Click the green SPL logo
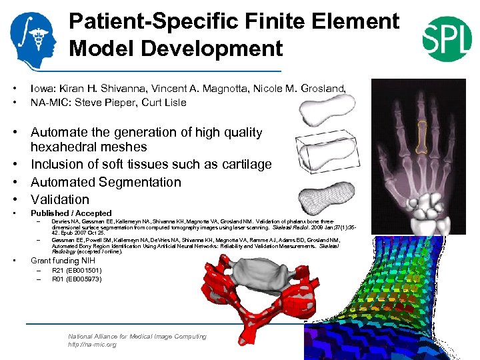click(x=447, y=37)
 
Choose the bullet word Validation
click(x=59, y=199)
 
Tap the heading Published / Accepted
click(x=71, y=213)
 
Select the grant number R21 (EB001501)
click(x=77, y=271)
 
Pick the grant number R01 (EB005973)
click(x=77, y=279)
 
